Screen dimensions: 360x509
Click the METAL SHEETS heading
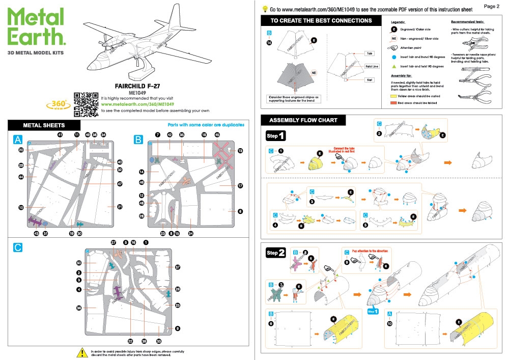coord(44,125)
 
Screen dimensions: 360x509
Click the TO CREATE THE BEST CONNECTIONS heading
coord(321,21)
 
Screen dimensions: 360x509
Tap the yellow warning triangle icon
coord(81,352)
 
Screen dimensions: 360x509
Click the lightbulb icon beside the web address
coord(265,9)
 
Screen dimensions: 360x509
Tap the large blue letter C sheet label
coord(18,247)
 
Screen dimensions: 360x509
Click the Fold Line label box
coord(372,66)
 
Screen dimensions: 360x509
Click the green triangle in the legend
coord(393,66)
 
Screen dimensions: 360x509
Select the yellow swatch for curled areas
coord(393,96)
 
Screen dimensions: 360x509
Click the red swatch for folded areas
coord(393,103)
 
